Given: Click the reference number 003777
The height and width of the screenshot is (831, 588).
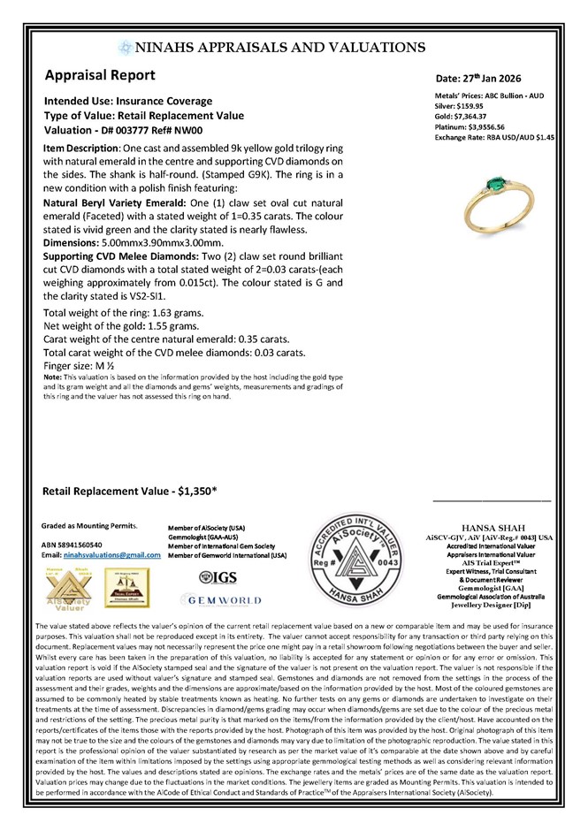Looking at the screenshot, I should tap(142, 128).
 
